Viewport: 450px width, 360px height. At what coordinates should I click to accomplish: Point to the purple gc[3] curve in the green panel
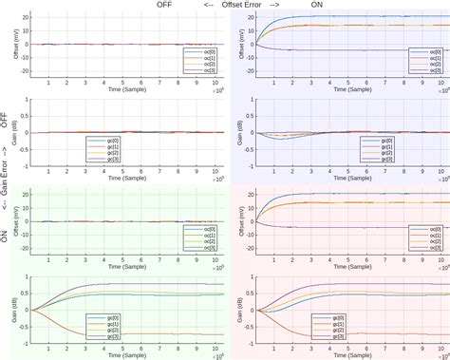coord(142,284)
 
